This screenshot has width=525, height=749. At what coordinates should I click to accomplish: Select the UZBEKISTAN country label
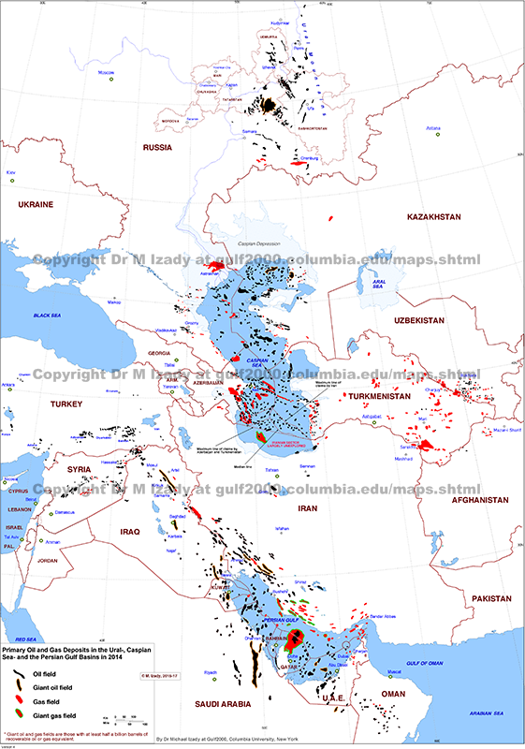408,320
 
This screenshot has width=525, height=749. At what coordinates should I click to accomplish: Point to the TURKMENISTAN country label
386,396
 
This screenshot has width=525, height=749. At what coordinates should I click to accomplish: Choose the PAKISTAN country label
488,597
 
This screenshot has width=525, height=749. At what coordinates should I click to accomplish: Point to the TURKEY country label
67,404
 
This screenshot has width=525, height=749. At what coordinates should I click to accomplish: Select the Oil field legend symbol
16,673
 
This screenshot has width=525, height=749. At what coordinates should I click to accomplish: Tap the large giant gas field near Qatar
293,640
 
